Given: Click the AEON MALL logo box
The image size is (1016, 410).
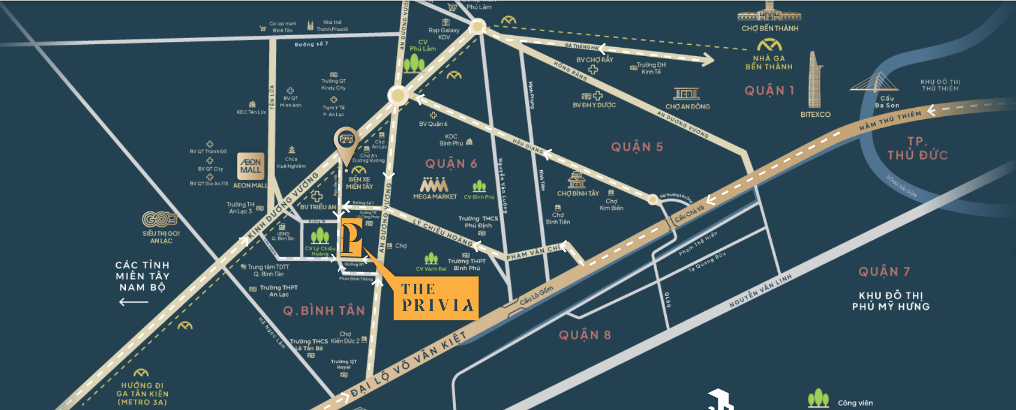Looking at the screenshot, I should coord(251,166).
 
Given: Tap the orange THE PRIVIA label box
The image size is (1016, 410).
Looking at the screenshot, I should coord(436,298).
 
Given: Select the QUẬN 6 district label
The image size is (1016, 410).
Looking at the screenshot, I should coord(451,164).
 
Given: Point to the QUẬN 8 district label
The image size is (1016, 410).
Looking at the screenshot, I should coord(585,335).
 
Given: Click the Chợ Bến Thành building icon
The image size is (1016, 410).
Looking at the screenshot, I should coord(769,12).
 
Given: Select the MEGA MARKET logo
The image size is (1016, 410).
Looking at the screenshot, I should coord(434,185).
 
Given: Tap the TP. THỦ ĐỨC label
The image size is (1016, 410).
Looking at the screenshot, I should coord(917,149).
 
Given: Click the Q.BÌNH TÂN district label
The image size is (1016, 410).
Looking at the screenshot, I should coord(324,311).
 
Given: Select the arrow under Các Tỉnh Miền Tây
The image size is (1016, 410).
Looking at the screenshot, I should coord(133,302).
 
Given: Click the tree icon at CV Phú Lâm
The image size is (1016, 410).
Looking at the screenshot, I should coord(414,63).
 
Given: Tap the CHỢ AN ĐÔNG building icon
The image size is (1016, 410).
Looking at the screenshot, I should coord(686,94).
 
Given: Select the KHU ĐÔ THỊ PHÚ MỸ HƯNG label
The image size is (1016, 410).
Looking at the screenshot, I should coord(890,301).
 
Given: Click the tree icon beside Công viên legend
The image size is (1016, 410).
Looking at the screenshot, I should coord(818,398).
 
